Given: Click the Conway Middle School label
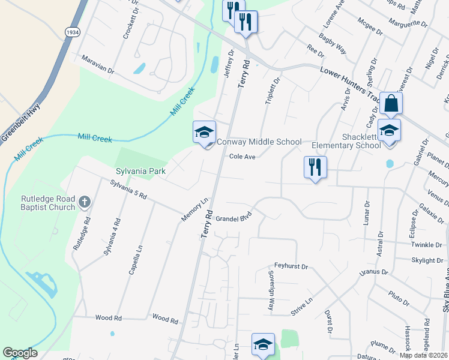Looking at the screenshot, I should pyautogui.click(x=259, y=142).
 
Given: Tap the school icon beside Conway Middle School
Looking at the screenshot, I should pyautogui.click(x=203, y=132).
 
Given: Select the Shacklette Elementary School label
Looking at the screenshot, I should pyautogui.click(x=346, y=141).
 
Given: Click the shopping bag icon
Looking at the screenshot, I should pyautogui.click(x=391, y=103).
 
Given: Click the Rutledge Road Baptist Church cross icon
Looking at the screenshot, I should pyautogui.click(x=85, y=201).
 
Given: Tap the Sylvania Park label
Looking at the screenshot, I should pyautogui.click(x=141, y=171).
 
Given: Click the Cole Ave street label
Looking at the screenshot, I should pyautogui.click(x=243, y=157).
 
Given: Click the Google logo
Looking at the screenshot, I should pyautogui.click(x=20, y=353).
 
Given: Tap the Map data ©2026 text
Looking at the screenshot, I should pyautogui.click(x=424, y=355).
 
